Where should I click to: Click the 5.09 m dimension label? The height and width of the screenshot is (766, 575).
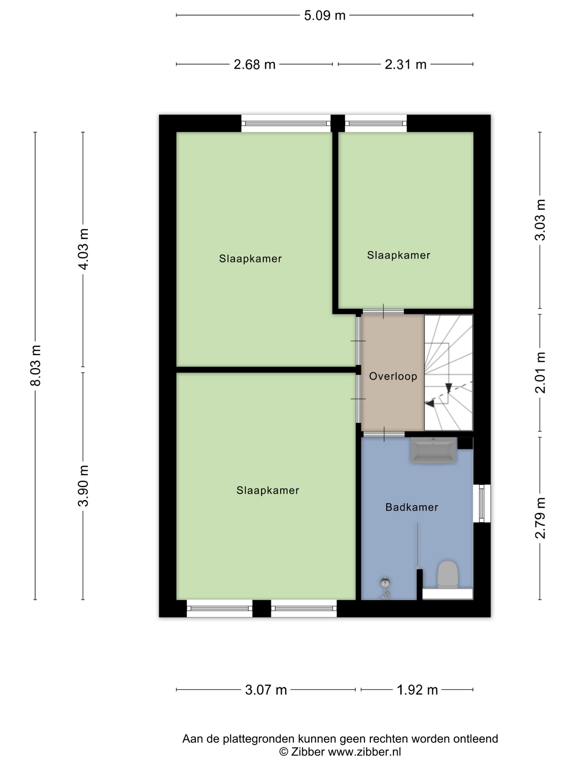[x=325, y=16]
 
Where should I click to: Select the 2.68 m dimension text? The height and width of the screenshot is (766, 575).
[x=254, y=64]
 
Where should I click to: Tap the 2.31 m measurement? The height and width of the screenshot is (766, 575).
[x=406, y=64]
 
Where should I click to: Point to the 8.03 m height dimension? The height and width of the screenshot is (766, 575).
[x=35, y=365]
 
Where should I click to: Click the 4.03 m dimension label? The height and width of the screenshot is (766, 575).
[x=83, y=249]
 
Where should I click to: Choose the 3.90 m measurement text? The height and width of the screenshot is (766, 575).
[x=83, y=486]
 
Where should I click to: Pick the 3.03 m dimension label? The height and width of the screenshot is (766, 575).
[x=540, y=220]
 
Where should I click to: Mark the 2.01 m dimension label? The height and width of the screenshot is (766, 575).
[x=540, y=373]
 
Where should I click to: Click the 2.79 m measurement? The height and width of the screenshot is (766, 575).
[x=540, y=518]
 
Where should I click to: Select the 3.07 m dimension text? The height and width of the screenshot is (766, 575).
[x=266, y=690]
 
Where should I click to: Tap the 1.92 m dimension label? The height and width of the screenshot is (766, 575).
[x=417, y=690]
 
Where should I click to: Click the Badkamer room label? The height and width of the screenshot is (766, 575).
[x=412, y=507]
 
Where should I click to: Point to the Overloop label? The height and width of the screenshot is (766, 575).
[x=393, y=376]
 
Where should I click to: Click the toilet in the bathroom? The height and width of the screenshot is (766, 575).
[x=447, y=575]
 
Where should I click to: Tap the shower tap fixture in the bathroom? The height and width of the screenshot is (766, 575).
[x=385, y=588]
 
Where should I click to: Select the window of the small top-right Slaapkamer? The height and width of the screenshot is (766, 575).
[x=376, y=124]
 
